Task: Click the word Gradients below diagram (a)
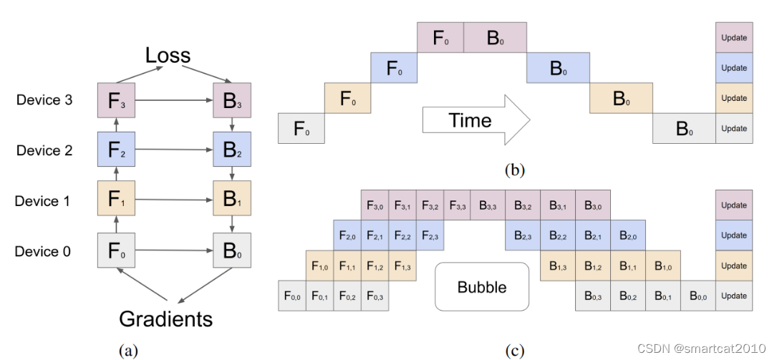[166, 318]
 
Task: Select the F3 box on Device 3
[117, 100]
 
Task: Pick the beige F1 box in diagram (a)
[117, 200]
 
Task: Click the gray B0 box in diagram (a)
[233, 251]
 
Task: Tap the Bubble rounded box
[481, 287]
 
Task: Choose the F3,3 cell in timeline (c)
[458, 205]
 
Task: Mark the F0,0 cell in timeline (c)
[292, 296]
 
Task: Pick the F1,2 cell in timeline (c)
[375, 266]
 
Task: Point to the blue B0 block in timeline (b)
[558, 69]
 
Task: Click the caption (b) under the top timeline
[515, 170]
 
